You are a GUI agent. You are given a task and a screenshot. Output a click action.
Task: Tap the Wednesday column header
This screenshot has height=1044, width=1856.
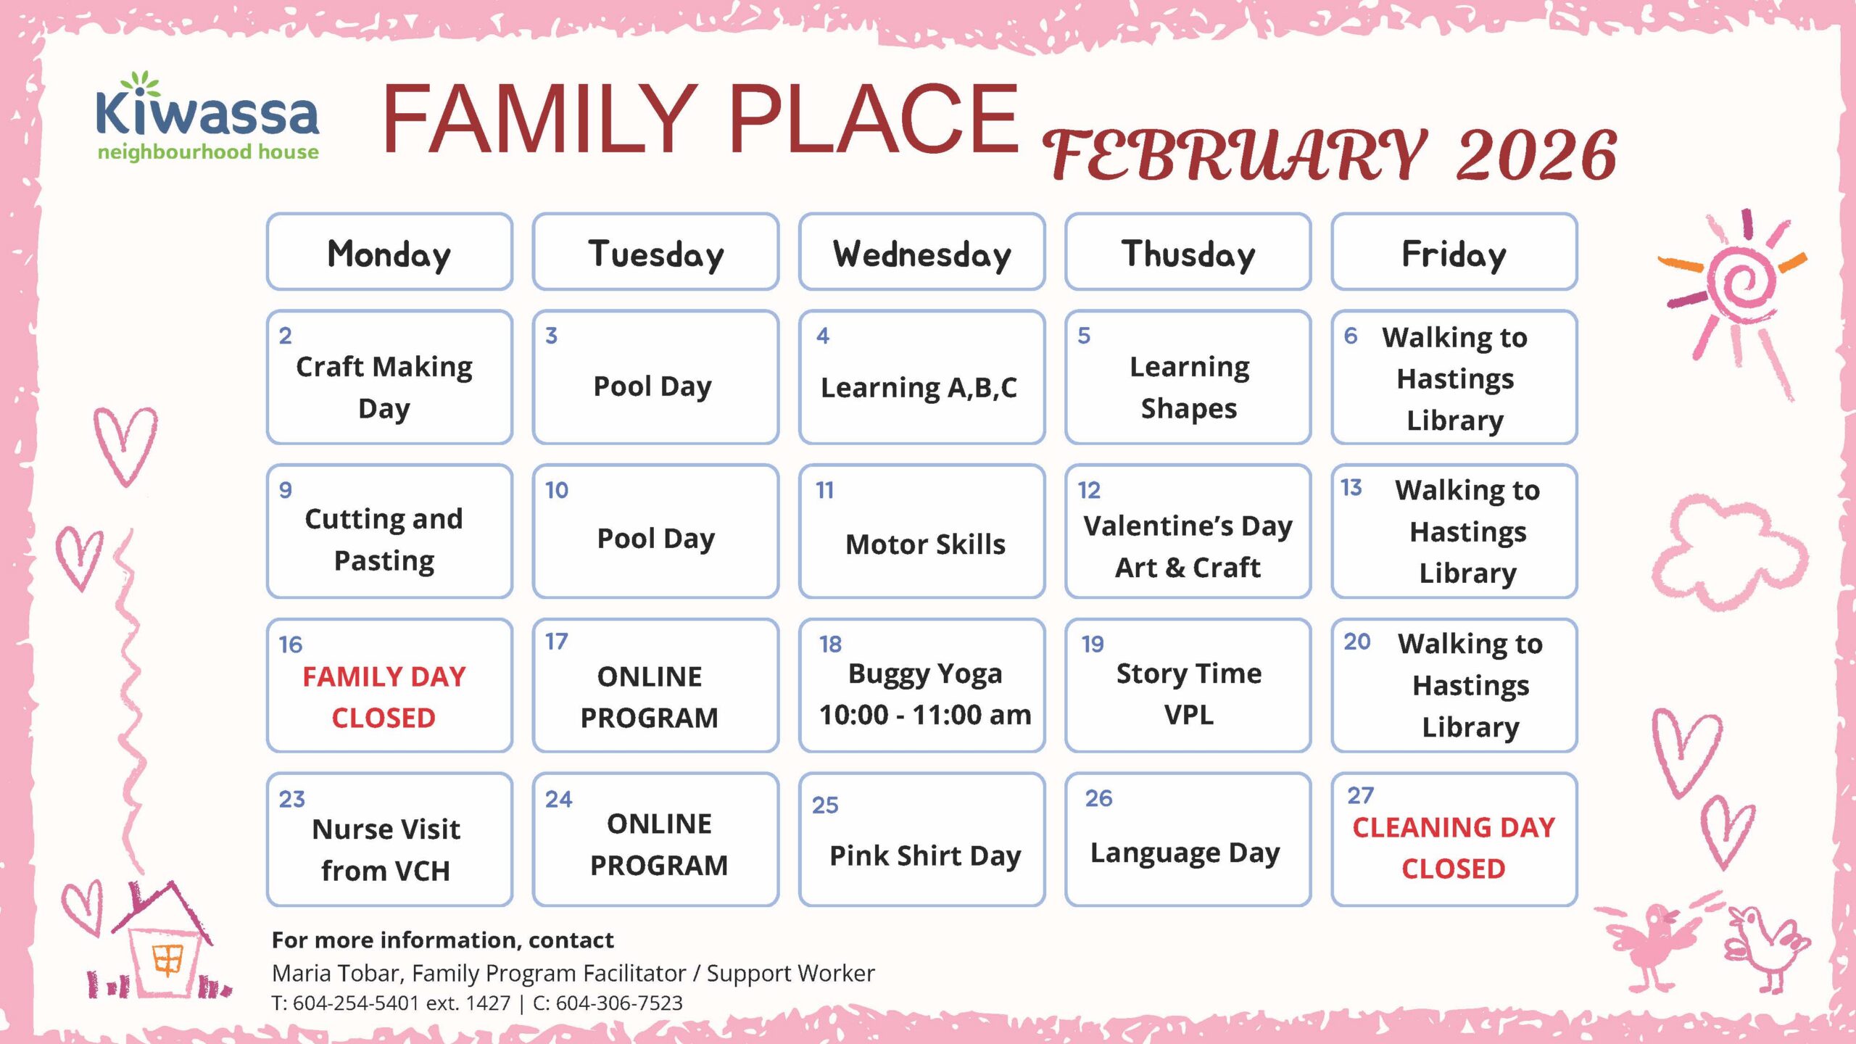click(921, 252)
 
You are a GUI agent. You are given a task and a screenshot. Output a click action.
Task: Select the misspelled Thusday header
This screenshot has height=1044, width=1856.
click(1188, 252)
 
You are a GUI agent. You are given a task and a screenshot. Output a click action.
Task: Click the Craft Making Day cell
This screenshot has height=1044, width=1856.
click(389, 377)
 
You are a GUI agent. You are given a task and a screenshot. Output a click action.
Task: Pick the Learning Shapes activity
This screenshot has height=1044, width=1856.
click(1189, 387)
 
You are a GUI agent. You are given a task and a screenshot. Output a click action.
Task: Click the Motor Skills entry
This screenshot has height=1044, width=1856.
click(925, 544)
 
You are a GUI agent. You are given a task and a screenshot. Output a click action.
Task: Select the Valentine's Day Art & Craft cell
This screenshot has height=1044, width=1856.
click(1188, 531)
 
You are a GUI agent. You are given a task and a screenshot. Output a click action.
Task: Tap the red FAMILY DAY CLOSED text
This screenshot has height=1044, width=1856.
click(384, 697)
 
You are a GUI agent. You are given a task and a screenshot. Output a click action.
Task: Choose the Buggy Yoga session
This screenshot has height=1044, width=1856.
click(925, 694)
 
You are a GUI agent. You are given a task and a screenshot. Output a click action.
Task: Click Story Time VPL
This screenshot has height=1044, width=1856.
click(1189, 694)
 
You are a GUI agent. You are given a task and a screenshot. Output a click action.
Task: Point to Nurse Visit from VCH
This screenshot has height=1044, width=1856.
click(386, 849)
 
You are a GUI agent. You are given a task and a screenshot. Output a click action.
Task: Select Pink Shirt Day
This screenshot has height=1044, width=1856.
click(925, 855)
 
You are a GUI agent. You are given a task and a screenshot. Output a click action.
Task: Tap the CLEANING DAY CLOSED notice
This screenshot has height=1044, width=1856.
click(1454, 848)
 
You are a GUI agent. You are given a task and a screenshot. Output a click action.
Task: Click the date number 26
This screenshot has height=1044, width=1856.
click(1098, 798)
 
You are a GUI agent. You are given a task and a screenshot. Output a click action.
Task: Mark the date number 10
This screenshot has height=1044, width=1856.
click(557, 490)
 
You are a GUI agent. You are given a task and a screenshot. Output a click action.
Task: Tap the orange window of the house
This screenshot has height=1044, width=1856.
click(167, 960)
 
